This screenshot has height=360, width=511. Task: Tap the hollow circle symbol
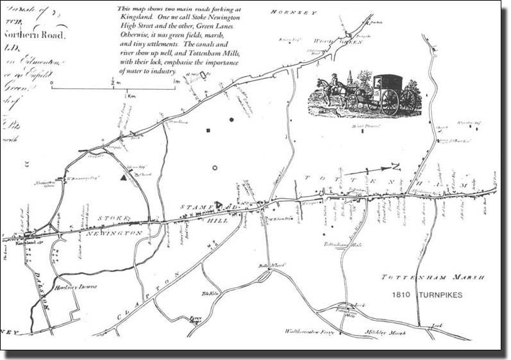point(215,168)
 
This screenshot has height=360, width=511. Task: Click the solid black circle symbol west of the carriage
point(231,119)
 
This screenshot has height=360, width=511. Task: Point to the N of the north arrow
point(395,167)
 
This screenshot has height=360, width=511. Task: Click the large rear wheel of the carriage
point(389,101)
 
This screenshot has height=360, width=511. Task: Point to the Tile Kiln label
point(210,294)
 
